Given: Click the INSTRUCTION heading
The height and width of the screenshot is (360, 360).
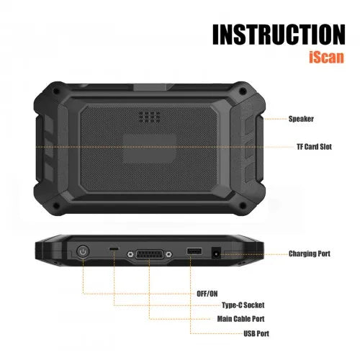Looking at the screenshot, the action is [x=279, y=35].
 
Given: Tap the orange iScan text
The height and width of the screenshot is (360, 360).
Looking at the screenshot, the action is [x=326, y=57].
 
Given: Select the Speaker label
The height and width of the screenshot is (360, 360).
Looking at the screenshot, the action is [x=301, y=119].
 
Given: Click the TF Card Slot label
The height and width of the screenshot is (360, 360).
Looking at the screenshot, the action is [x=314, y=147].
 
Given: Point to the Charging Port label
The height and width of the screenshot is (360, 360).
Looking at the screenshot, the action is [x=310, y=253].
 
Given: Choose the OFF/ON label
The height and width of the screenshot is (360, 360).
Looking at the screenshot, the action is [x=207, y=294].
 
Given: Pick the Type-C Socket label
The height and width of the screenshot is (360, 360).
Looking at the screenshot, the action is [x=243, y=305].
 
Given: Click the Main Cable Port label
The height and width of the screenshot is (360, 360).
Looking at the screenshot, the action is [x=240, y=319].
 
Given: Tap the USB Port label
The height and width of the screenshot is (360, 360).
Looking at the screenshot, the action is [x=256, y=333].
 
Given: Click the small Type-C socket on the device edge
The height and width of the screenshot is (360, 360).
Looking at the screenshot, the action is [x=114, y=248].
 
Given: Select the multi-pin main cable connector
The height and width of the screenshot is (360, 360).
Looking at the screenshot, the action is [x=150, y=254].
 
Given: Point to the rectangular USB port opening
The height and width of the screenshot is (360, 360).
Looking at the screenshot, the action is [x=194, y=251].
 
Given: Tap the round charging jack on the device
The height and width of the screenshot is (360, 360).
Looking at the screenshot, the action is [x=216, y=253].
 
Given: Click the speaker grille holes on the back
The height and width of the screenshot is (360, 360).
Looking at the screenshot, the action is [x=149, y=117].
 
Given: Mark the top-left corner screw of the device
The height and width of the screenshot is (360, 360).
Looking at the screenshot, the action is [x=56, y=91].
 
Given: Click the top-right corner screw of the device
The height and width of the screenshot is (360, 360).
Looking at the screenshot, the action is [x=243, y=91].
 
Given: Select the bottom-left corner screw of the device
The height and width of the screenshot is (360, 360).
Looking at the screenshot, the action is [x=56, y=205].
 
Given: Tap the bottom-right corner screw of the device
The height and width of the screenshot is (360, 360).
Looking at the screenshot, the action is [x=243, y=205].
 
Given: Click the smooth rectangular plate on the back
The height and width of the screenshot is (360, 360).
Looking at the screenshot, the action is [x=149, y=149].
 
